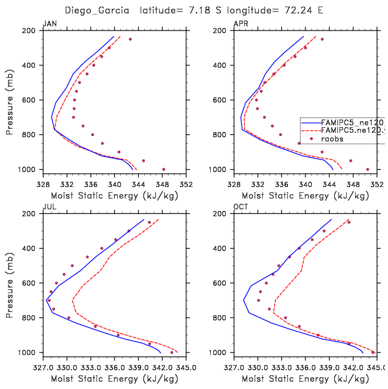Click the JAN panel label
[49, 23]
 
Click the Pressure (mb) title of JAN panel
[10, 99]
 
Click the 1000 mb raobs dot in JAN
[163, 169]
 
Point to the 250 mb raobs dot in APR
[322, 40]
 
